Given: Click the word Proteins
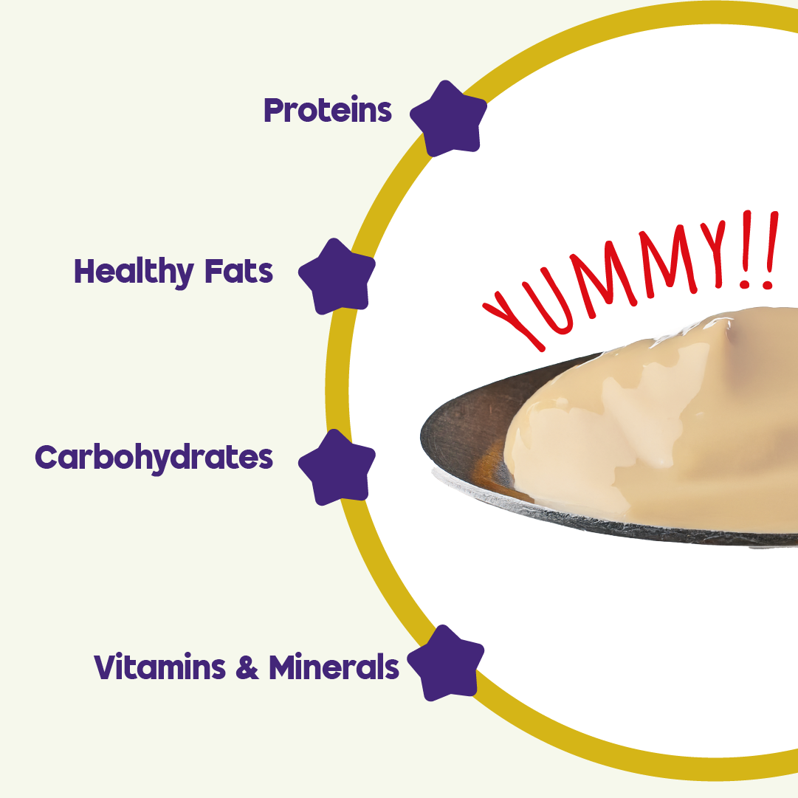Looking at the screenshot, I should tap(327, 111).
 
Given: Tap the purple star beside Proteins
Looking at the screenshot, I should tap(448, 119).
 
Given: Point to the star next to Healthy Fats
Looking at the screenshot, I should tap(337, 275).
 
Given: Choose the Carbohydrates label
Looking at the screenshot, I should tap(154, 458).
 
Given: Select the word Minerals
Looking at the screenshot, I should tap(334, 667).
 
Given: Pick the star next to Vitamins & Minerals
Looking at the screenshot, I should tap(446, 662).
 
